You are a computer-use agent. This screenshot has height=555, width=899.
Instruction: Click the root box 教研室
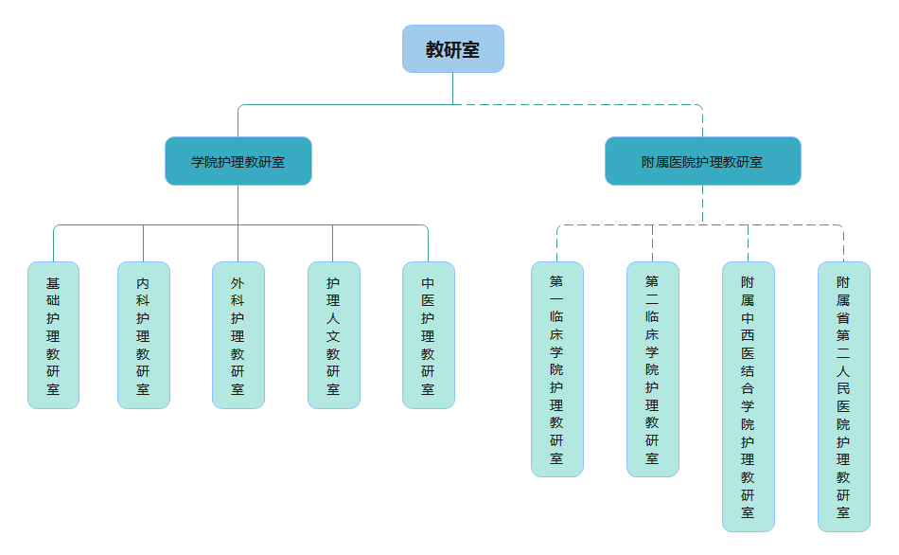coord(452,49)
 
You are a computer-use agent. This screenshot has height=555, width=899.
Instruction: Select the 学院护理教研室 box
coord(238,161)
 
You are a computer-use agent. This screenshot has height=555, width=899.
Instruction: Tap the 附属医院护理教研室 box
coord(702,161)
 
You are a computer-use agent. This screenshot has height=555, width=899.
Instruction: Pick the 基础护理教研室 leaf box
coord(53,335)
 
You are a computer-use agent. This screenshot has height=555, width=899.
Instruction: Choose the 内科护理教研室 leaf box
coord(143,335)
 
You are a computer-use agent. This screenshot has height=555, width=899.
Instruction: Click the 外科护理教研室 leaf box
coord(238,335)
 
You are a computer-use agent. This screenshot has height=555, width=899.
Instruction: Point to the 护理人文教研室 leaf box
coord(333,335)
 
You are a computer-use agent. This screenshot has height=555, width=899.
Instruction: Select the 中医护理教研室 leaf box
coord(428,335)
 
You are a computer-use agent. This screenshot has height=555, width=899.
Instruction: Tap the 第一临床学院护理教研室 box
coord(556,369)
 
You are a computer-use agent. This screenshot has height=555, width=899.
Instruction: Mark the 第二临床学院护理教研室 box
coord(652,369)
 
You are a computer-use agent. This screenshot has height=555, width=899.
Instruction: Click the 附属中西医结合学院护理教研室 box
coord(748,397)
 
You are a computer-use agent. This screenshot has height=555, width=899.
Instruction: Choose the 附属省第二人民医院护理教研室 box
coord(843,397)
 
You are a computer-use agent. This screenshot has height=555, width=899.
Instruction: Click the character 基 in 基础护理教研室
coord(53,283)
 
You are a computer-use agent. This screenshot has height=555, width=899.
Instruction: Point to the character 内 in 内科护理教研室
coord(143,283)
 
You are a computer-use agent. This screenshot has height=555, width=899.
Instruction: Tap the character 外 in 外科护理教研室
coord(238,283)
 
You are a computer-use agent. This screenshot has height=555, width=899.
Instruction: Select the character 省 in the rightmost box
coord(843,317)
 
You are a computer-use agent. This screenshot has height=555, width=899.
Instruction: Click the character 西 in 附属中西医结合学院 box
coord(748,335)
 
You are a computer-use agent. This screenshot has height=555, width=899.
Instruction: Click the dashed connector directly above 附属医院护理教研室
coord(702,121)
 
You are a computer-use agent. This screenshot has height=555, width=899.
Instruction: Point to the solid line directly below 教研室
coord(452,88)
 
